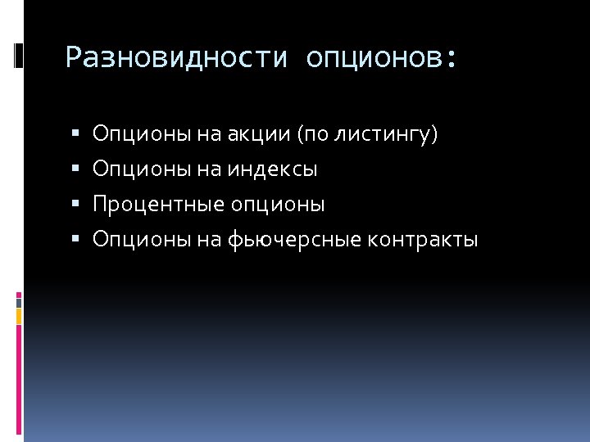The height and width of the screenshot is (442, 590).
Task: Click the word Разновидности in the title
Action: pos(176,58)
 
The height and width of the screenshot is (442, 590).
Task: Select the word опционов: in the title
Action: pos(380,58)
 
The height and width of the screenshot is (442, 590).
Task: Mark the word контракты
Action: pos(423,240)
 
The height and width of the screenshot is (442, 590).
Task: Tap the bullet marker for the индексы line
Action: pos(75,170)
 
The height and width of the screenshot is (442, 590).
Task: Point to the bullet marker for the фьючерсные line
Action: pos(75,241)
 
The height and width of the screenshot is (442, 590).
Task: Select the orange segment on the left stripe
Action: pos(19,315)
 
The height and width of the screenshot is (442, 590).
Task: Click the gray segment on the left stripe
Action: pos(19,302)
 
